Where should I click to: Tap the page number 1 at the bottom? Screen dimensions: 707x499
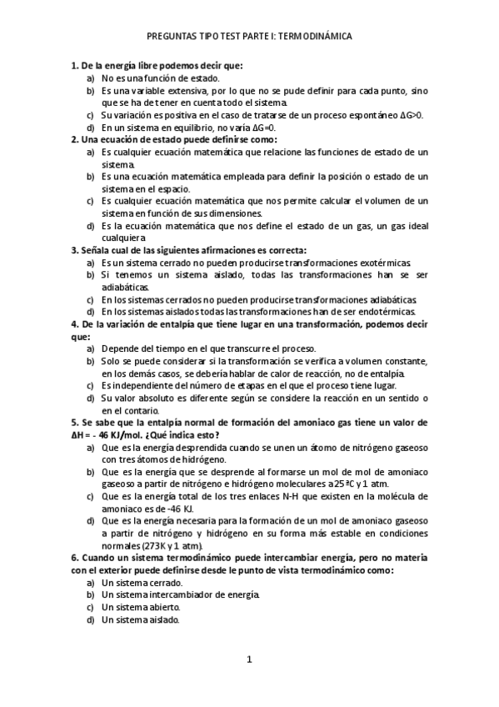coord(249,660)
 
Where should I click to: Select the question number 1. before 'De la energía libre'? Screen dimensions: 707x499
coord(75,64)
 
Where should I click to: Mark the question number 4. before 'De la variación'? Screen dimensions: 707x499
coord(75,323)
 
